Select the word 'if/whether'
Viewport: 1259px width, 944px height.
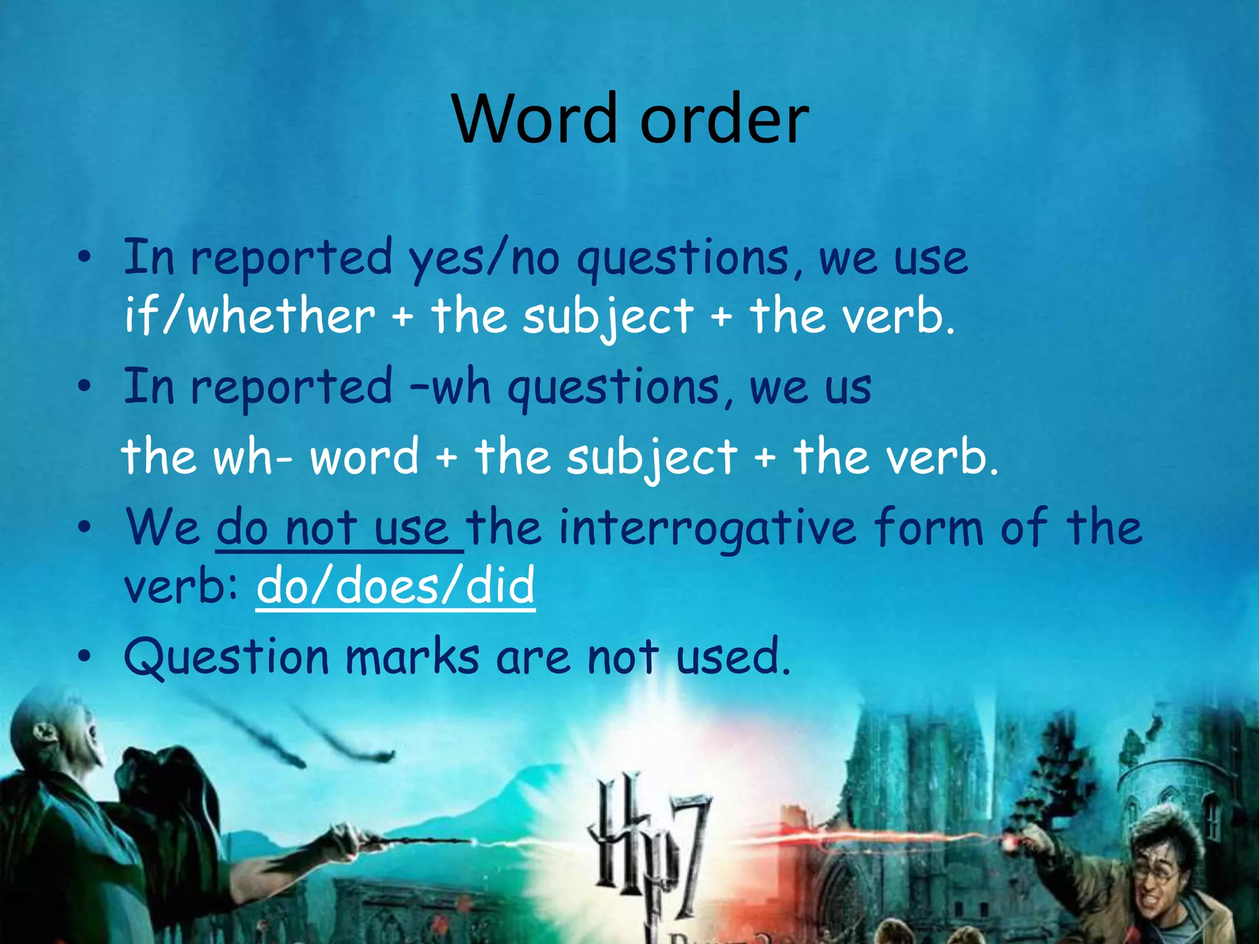coord(250,317)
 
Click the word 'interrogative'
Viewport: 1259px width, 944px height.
coord(707,528)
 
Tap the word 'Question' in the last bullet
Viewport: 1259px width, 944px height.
coord(227,656)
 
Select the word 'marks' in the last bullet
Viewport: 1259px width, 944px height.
coord(412,656)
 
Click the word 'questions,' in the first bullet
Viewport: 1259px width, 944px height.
coord(689,258)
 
